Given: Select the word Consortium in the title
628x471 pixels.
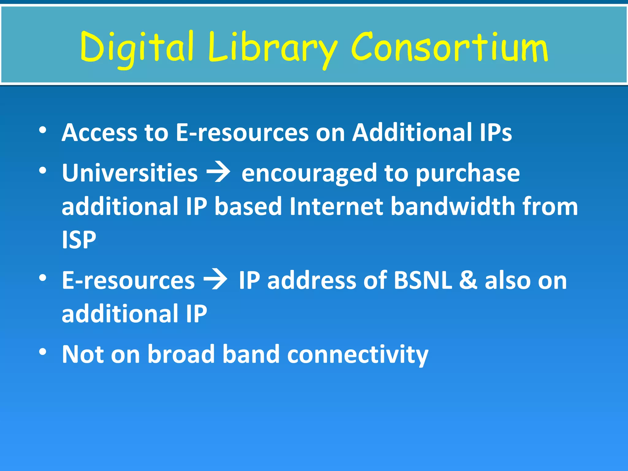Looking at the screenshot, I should pos(449,48).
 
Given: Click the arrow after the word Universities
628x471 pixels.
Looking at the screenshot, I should pos(219,173).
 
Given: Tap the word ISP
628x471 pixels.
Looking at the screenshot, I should pos(79,239).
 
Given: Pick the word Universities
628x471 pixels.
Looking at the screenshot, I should pos(130,173).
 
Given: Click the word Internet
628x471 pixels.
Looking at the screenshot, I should pos(336,206).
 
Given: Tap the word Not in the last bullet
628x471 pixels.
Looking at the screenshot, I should pos(82,354).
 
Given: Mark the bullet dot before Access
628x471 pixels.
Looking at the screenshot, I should pos(43,130).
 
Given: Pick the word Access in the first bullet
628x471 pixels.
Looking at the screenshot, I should pos(99,132).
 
